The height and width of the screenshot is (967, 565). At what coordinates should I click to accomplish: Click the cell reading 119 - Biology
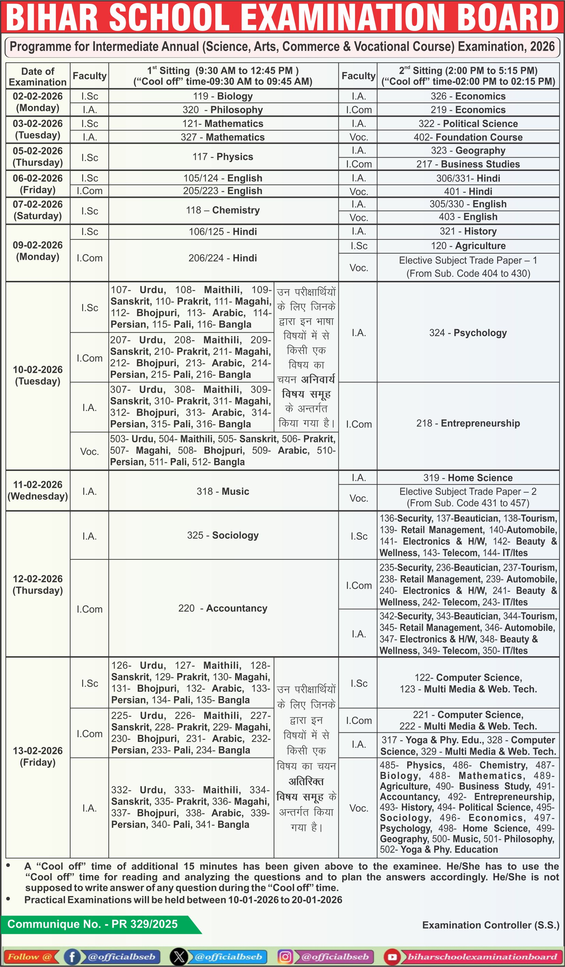tap(223, 96)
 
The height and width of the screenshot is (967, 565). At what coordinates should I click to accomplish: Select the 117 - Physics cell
tap(223, 157)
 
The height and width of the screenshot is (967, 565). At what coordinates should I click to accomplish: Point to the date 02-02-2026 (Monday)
tap(37, 102)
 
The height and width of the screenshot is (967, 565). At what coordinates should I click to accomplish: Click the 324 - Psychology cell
tap(468, 333)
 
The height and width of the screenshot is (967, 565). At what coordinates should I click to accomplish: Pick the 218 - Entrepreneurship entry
tap(468, 423)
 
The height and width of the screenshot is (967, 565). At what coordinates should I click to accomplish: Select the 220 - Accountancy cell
tap(223, 608)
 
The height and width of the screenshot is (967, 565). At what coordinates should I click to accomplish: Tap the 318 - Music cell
tap(223, 491)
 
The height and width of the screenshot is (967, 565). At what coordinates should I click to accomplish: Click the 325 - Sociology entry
tap(223, 535)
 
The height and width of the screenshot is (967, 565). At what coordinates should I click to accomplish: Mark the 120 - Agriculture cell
tap(468, 245)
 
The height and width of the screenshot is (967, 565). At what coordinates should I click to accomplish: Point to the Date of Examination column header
tap(37, 76)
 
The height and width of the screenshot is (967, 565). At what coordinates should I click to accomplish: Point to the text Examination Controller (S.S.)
tap(490, 925)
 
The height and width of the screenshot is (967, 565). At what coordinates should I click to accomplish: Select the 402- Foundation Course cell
tap(468, 137)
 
